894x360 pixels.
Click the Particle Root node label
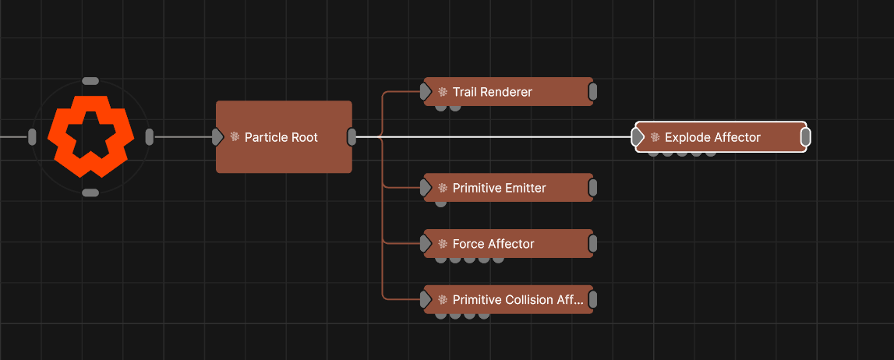tap(281, 137)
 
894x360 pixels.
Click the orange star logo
tap(90, 136)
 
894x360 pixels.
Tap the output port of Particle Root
tap(352, 137)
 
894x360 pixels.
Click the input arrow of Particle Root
tap(217, 137)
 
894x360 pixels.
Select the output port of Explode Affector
tap(806, 137)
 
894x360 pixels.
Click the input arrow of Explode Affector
tap(638, 137)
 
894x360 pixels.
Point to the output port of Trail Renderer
tap(592, 92)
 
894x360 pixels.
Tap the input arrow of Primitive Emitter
tap(426, 188)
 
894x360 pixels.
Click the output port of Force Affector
tap(592, 244)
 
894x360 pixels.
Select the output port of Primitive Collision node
tap(592, 300)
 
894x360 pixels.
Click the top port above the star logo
tap(90, 80)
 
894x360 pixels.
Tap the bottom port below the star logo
tap(90, 192)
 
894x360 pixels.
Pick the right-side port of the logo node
tap(149, 137)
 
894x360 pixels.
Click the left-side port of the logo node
tap(32, 137)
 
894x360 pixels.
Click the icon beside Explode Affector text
tap(655, 137)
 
